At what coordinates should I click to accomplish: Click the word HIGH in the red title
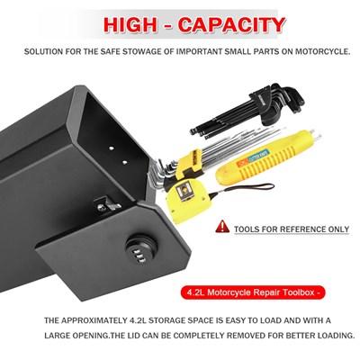130,25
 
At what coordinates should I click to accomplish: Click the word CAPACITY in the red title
231,25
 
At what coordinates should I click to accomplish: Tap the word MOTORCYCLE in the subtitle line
322,51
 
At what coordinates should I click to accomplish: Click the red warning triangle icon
222,226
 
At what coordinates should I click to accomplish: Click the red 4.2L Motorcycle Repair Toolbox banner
253,292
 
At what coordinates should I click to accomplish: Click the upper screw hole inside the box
111,148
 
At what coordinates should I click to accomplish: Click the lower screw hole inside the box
124,162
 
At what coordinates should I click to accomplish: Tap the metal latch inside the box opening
107,205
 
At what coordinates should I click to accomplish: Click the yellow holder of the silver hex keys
189,164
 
